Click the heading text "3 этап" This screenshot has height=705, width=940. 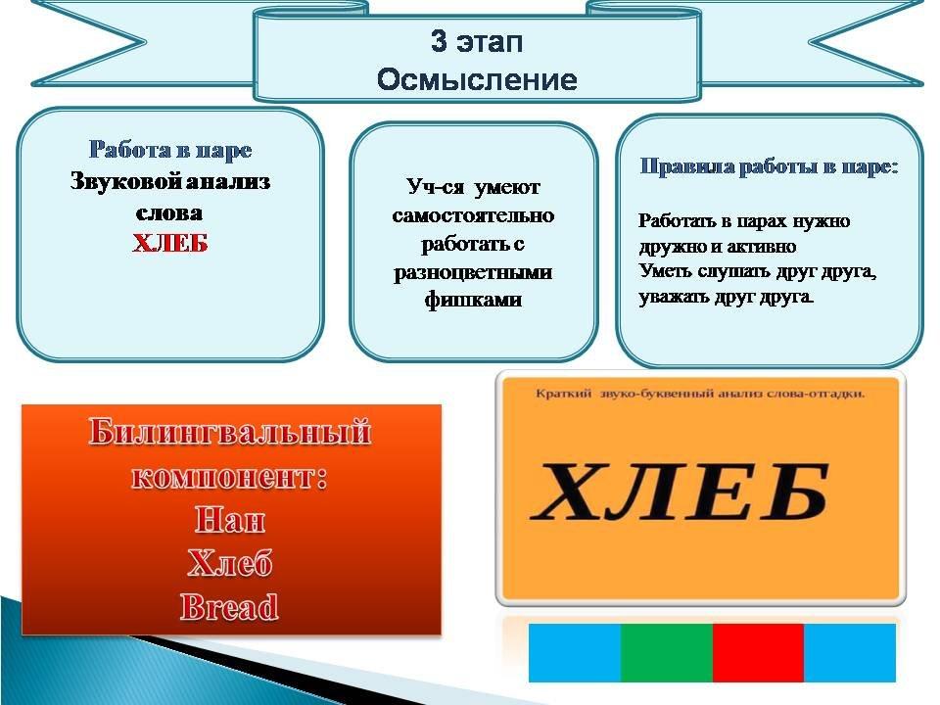[477, 41]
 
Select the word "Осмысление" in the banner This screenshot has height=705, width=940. [477, 79]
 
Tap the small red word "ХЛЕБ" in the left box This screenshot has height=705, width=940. [170, 244]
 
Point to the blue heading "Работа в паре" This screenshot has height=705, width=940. [170, 150]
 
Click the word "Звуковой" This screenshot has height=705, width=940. [125, 181]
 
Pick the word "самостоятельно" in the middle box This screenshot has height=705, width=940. [473, 215]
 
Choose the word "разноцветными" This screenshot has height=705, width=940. [473, 273]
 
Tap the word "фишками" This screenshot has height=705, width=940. [473, 300]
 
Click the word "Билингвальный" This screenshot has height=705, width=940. [230, 432]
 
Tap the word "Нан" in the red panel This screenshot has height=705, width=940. [230, 519]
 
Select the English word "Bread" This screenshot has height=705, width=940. [229, 607]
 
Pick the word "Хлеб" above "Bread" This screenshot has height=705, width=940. [229, 563]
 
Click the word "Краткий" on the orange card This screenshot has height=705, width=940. [563, 394]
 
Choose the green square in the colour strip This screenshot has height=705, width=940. [667, 653]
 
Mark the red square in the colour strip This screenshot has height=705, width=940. [758, 653]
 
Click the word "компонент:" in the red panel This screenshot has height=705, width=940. [230, 477]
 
